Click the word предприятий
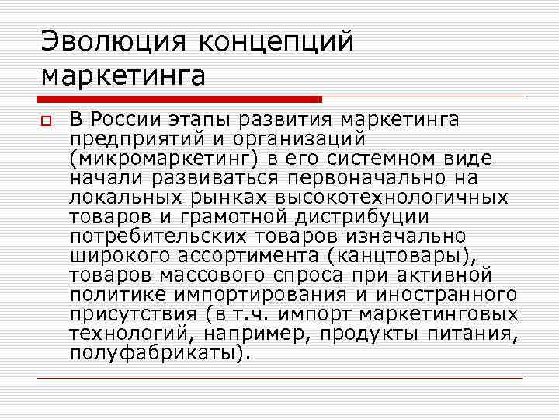pyautogui.click(x=137, y=139)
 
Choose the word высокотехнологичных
pyautogui.click(x=399, y=197)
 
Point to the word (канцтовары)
pyautogui.click(x=395, y=255)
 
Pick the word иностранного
pyautogui.click(x=446, y=294)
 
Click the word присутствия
pyautogui.click(x=133, y=313)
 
